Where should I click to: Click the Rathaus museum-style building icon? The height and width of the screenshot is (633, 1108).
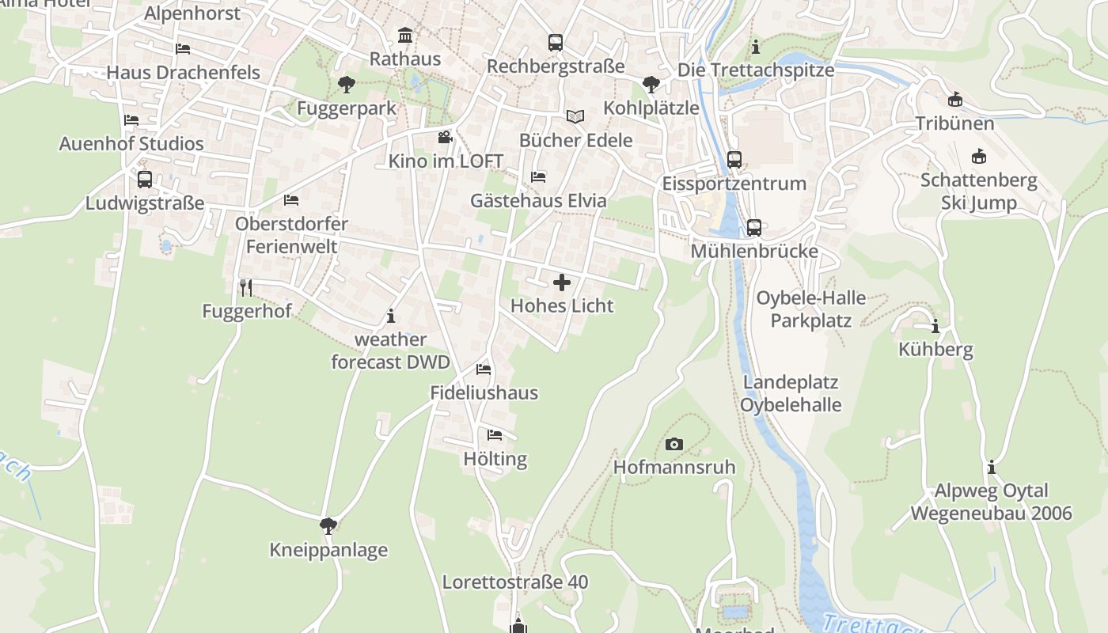[405, 36]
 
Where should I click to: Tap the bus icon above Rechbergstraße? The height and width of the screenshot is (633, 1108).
[556, 43]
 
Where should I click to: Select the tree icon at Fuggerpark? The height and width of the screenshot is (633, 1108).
[346, 85]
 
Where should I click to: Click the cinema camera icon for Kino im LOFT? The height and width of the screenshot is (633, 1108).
[445, 138]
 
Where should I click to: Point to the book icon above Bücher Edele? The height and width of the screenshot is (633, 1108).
[575, 117]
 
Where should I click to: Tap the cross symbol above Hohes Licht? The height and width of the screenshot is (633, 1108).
[562, 282]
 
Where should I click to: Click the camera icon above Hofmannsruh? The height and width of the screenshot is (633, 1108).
[674, 444]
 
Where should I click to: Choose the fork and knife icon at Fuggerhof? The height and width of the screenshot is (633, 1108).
[246, 287]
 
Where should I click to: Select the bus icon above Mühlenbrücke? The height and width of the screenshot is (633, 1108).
[754, 228]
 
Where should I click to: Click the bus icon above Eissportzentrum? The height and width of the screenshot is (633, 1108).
[734, 160]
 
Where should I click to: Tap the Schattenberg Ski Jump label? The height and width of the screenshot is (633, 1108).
[979, 191]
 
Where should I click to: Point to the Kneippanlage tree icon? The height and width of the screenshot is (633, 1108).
[328, 526]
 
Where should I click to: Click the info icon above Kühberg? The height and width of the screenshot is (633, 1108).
[935, 326]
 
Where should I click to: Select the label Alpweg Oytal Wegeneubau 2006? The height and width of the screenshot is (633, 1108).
[991, 502]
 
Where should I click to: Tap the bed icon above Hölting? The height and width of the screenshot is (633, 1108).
[495, 435]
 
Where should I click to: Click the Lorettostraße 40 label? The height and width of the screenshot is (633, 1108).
[515, 582]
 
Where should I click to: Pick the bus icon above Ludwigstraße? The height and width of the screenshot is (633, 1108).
[144, 180]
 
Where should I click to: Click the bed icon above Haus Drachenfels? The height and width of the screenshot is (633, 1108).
[183, 49]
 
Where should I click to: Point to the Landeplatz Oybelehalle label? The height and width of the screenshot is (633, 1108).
[791, 393]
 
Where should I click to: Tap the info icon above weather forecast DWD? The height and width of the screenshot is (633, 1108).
[390, 316]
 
